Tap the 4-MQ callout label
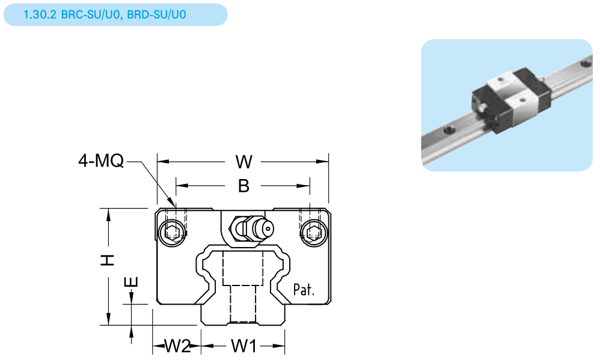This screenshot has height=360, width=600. [100, 161]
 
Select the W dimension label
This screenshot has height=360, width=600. [243, 162]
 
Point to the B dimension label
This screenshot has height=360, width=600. [243, 186]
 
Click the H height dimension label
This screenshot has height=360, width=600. [108, 260]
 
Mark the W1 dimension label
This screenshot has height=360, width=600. [244, 346]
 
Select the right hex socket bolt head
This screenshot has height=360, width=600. [311, 231]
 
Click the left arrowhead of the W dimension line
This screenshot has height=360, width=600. [161, 162]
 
